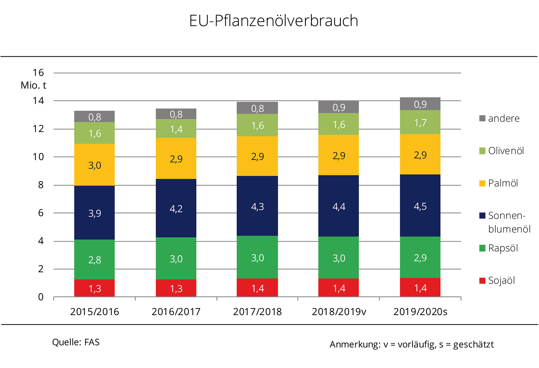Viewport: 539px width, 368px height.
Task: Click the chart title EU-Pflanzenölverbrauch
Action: (x=273, y=21)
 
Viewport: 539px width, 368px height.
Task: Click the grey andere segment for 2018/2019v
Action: (x=338, y=107)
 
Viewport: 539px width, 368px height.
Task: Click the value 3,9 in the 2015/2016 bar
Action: (x=94, y=213)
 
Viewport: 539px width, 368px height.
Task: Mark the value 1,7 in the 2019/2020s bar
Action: (x=420, y=123)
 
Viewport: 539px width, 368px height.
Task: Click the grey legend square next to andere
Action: (x=482, y=118)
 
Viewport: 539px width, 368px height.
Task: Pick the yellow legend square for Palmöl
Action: (x=482, y=183)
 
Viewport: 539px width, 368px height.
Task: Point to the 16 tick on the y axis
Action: (x=38, y=73)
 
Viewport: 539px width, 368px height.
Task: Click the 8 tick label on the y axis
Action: (x=41, y=185)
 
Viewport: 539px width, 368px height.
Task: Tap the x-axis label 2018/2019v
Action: (x=339, y=312)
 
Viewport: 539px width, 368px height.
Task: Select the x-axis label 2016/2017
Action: (x=176, y=312)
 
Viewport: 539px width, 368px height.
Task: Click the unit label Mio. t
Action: (x=33, y=85)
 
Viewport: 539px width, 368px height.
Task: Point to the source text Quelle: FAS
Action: (x=76, y=342)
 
